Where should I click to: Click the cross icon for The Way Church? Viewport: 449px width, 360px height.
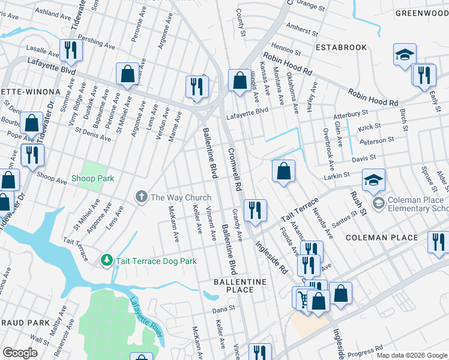(x=142, y=197)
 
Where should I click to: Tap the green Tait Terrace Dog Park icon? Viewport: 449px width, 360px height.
(x=107, y=260)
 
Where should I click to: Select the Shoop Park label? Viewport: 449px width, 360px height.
(x=92, y=178)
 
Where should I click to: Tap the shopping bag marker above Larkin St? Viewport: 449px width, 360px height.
(x=284, y=171)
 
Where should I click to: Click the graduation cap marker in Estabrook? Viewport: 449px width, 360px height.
(x=405, y=55)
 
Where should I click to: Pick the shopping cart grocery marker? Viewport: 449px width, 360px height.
(x=303, y=297)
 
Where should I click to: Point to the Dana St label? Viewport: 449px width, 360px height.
(x=223, y=311)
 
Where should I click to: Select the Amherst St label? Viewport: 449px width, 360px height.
(x=303, y=29)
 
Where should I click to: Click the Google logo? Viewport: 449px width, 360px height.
(x=20, y=352)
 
